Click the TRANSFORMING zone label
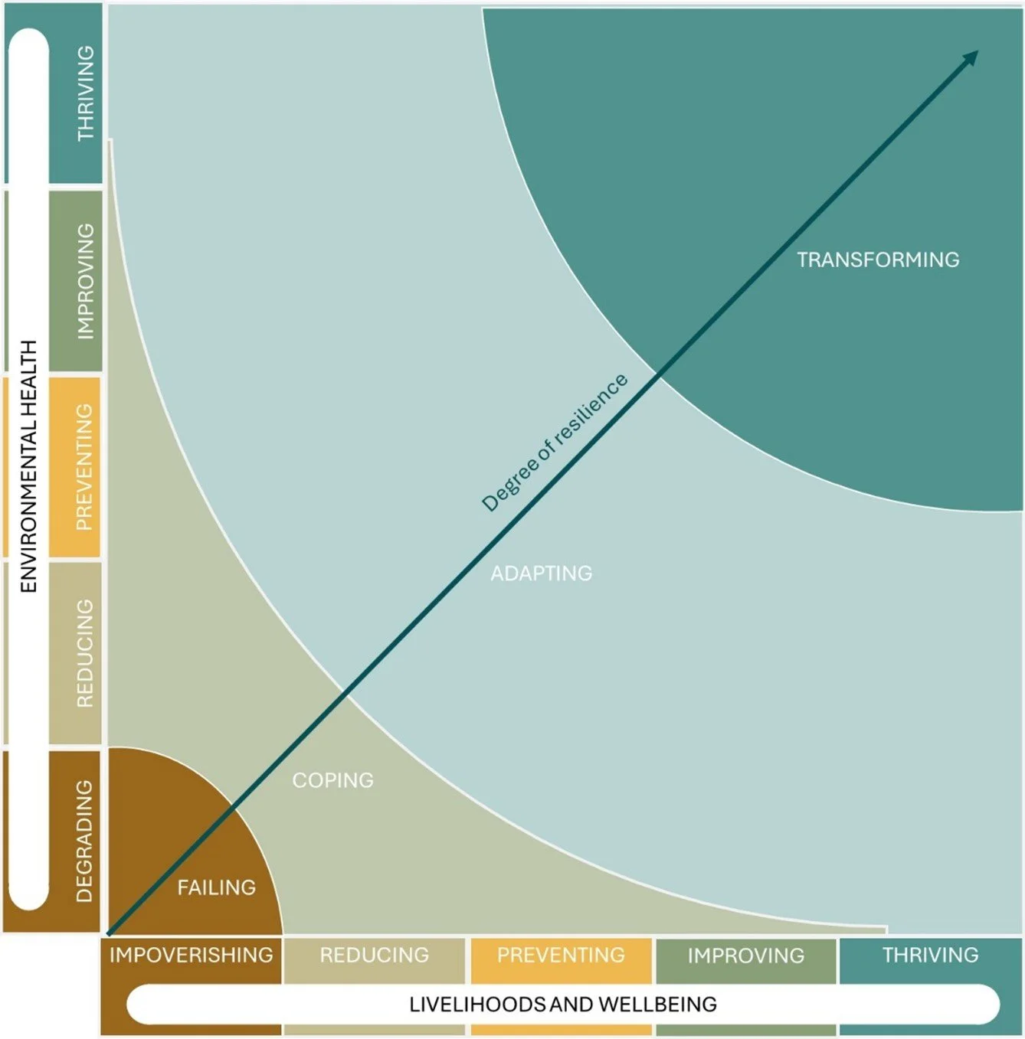pos(878,260)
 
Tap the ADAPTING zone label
pos(541,573)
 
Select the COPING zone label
pos(332,780)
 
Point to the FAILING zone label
pos(216,887)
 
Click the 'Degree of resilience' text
pos(554,443)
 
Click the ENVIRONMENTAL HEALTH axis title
pos(28,466)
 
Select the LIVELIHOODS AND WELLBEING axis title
pos(563,1004)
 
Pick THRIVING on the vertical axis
pos(85,93)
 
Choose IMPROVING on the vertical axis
pos(85,281)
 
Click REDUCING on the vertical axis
pos(84,653)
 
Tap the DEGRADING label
pos(84,841)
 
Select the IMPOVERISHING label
pos(191,955)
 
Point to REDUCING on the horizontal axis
pos(374,955)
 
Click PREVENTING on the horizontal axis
pos(561,955)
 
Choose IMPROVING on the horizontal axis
pos(745,956)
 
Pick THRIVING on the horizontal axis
pos(930,955)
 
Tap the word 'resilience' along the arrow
pos(590,409)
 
